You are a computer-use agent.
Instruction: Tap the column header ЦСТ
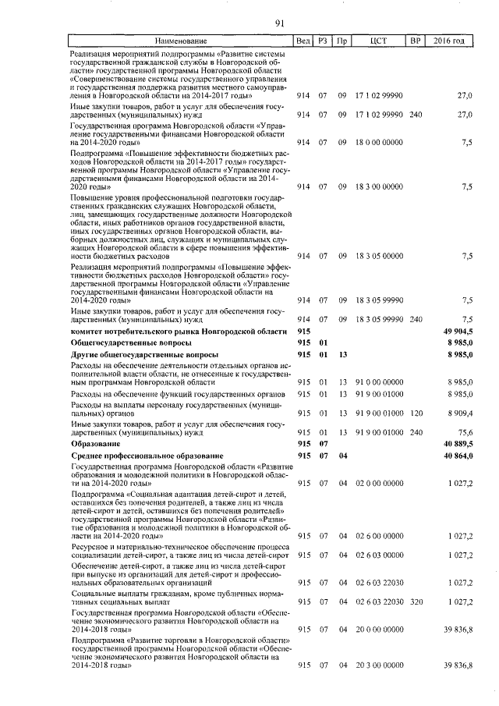point(379,41)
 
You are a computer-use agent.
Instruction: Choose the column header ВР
point(416,41)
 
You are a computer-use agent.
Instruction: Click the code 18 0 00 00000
point(379,142)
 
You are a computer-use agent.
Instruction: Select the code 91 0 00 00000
point(379,381)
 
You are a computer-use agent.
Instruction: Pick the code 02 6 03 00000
point(379,555)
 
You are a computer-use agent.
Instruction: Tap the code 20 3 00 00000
point(379,664)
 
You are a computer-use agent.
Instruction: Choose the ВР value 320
point(416,601)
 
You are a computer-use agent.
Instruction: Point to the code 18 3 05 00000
point(379,255)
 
